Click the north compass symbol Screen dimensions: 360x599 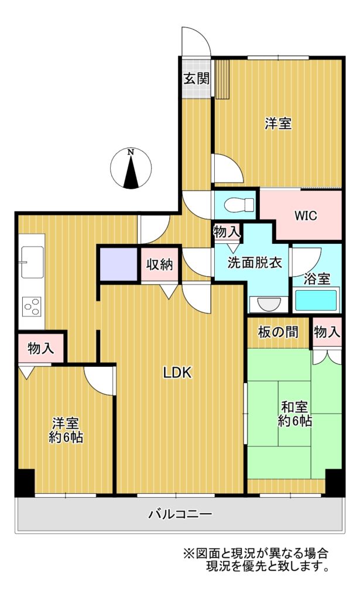[131, 168]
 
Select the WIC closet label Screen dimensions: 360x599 [306, 215]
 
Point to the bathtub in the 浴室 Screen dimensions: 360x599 [316, 300]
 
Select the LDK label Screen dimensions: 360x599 [177, 373]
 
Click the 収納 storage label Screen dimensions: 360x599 [159, 264]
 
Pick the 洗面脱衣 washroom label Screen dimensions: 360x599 [255, 262]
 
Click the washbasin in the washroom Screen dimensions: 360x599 [269, 304]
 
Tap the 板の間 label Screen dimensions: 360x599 [278, 332]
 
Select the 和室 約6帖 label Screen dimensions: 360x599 [294, 414]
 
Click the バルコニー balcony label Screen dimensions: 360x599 [180, 514]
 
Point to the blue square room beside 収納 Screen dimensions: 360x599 [119, 264]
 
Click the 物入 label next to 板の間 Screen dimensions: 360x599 [327, 332]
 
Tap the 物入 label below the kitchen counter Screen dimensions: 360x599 [40, 348]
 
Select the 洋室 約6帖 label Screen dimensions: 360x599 [66, 430]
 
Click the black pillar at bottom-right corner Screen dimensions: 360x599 [335, 483]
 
